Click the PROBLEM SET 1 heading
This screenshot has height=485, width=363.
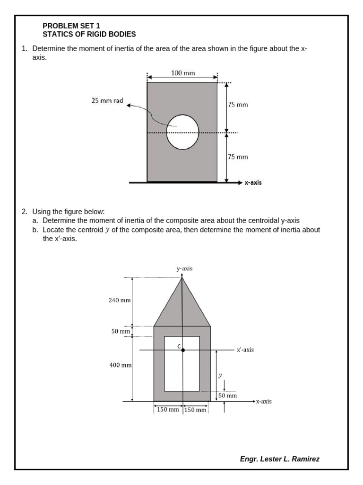[x=71, y=26]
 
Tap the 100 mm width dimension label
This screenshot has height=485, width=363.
[x=183, y=73]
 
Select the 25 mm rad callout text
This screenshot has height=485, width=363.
[x=107, y=100]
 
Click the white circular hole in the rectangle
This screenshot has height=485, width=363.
[x=182, y=132]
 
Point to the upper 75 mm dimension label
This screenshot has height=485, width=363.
[x=238, y=105]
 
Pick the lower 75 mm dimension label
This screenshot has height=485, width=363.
[x=238, y=157]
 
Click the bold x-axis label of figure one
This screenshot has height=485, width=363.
[x=253, y=182]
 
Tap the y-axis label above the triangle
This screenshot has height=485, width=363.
[x=184, y=269]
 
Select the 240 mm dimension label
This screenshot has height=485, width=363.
[x=119, y=300]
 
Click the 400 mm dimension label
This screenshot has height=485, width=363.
[x=119, y=365]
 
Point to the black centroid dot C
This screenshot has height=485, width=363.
[x=183, y=350]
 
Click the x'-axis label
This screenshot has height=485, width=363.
[x=245, y=350]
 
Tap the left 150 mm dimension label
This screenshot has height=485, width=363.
[x=167, y=409]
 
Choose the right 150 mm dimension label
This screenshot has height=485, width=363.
[x=195, y=410]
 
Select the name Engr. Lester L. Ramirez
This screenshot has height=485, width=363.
[x=280, y=459]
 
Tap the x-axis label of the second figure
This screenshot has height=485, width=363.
[x=264, y=402]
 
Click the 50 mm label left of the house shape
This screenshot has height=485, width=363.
[x=121, y=332]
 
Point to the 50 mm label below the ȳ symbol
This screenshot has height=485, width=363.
[x=227, y=395]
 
